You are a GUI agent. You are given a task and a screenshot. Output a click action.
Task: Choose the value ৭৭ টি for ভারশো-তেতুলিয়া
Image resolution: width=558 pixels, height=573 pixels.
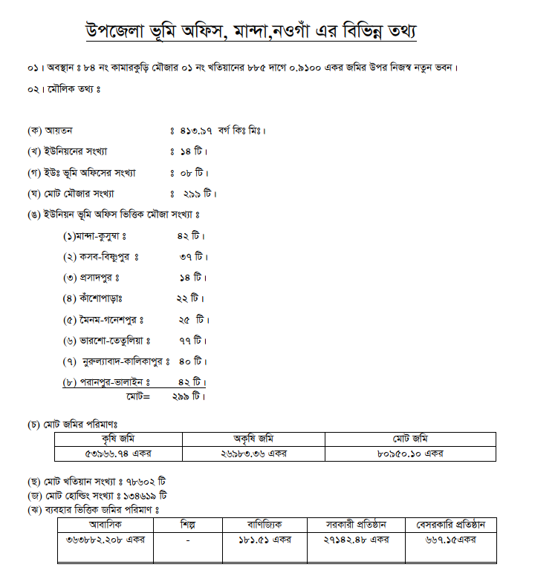click(x=192, y=341)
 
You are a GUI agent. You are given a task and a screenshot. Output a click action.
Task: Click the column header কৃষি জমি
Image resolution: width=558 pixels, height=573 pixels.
click(x=118, y=439)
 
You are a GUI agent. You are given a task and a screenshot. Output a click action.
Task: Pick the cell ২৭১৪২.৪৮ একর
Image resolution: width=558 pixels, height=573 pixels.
click(x=356, y=540)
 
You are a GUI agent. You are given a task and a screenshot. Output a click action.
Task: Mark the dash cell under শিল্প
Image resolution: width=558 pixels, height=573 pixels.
click(x=188, y=540)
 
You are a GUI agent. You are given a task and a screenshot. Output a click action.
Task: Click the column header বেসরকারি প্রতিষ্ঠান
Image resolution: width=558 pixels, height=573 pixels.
click(x=452, y=525)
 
